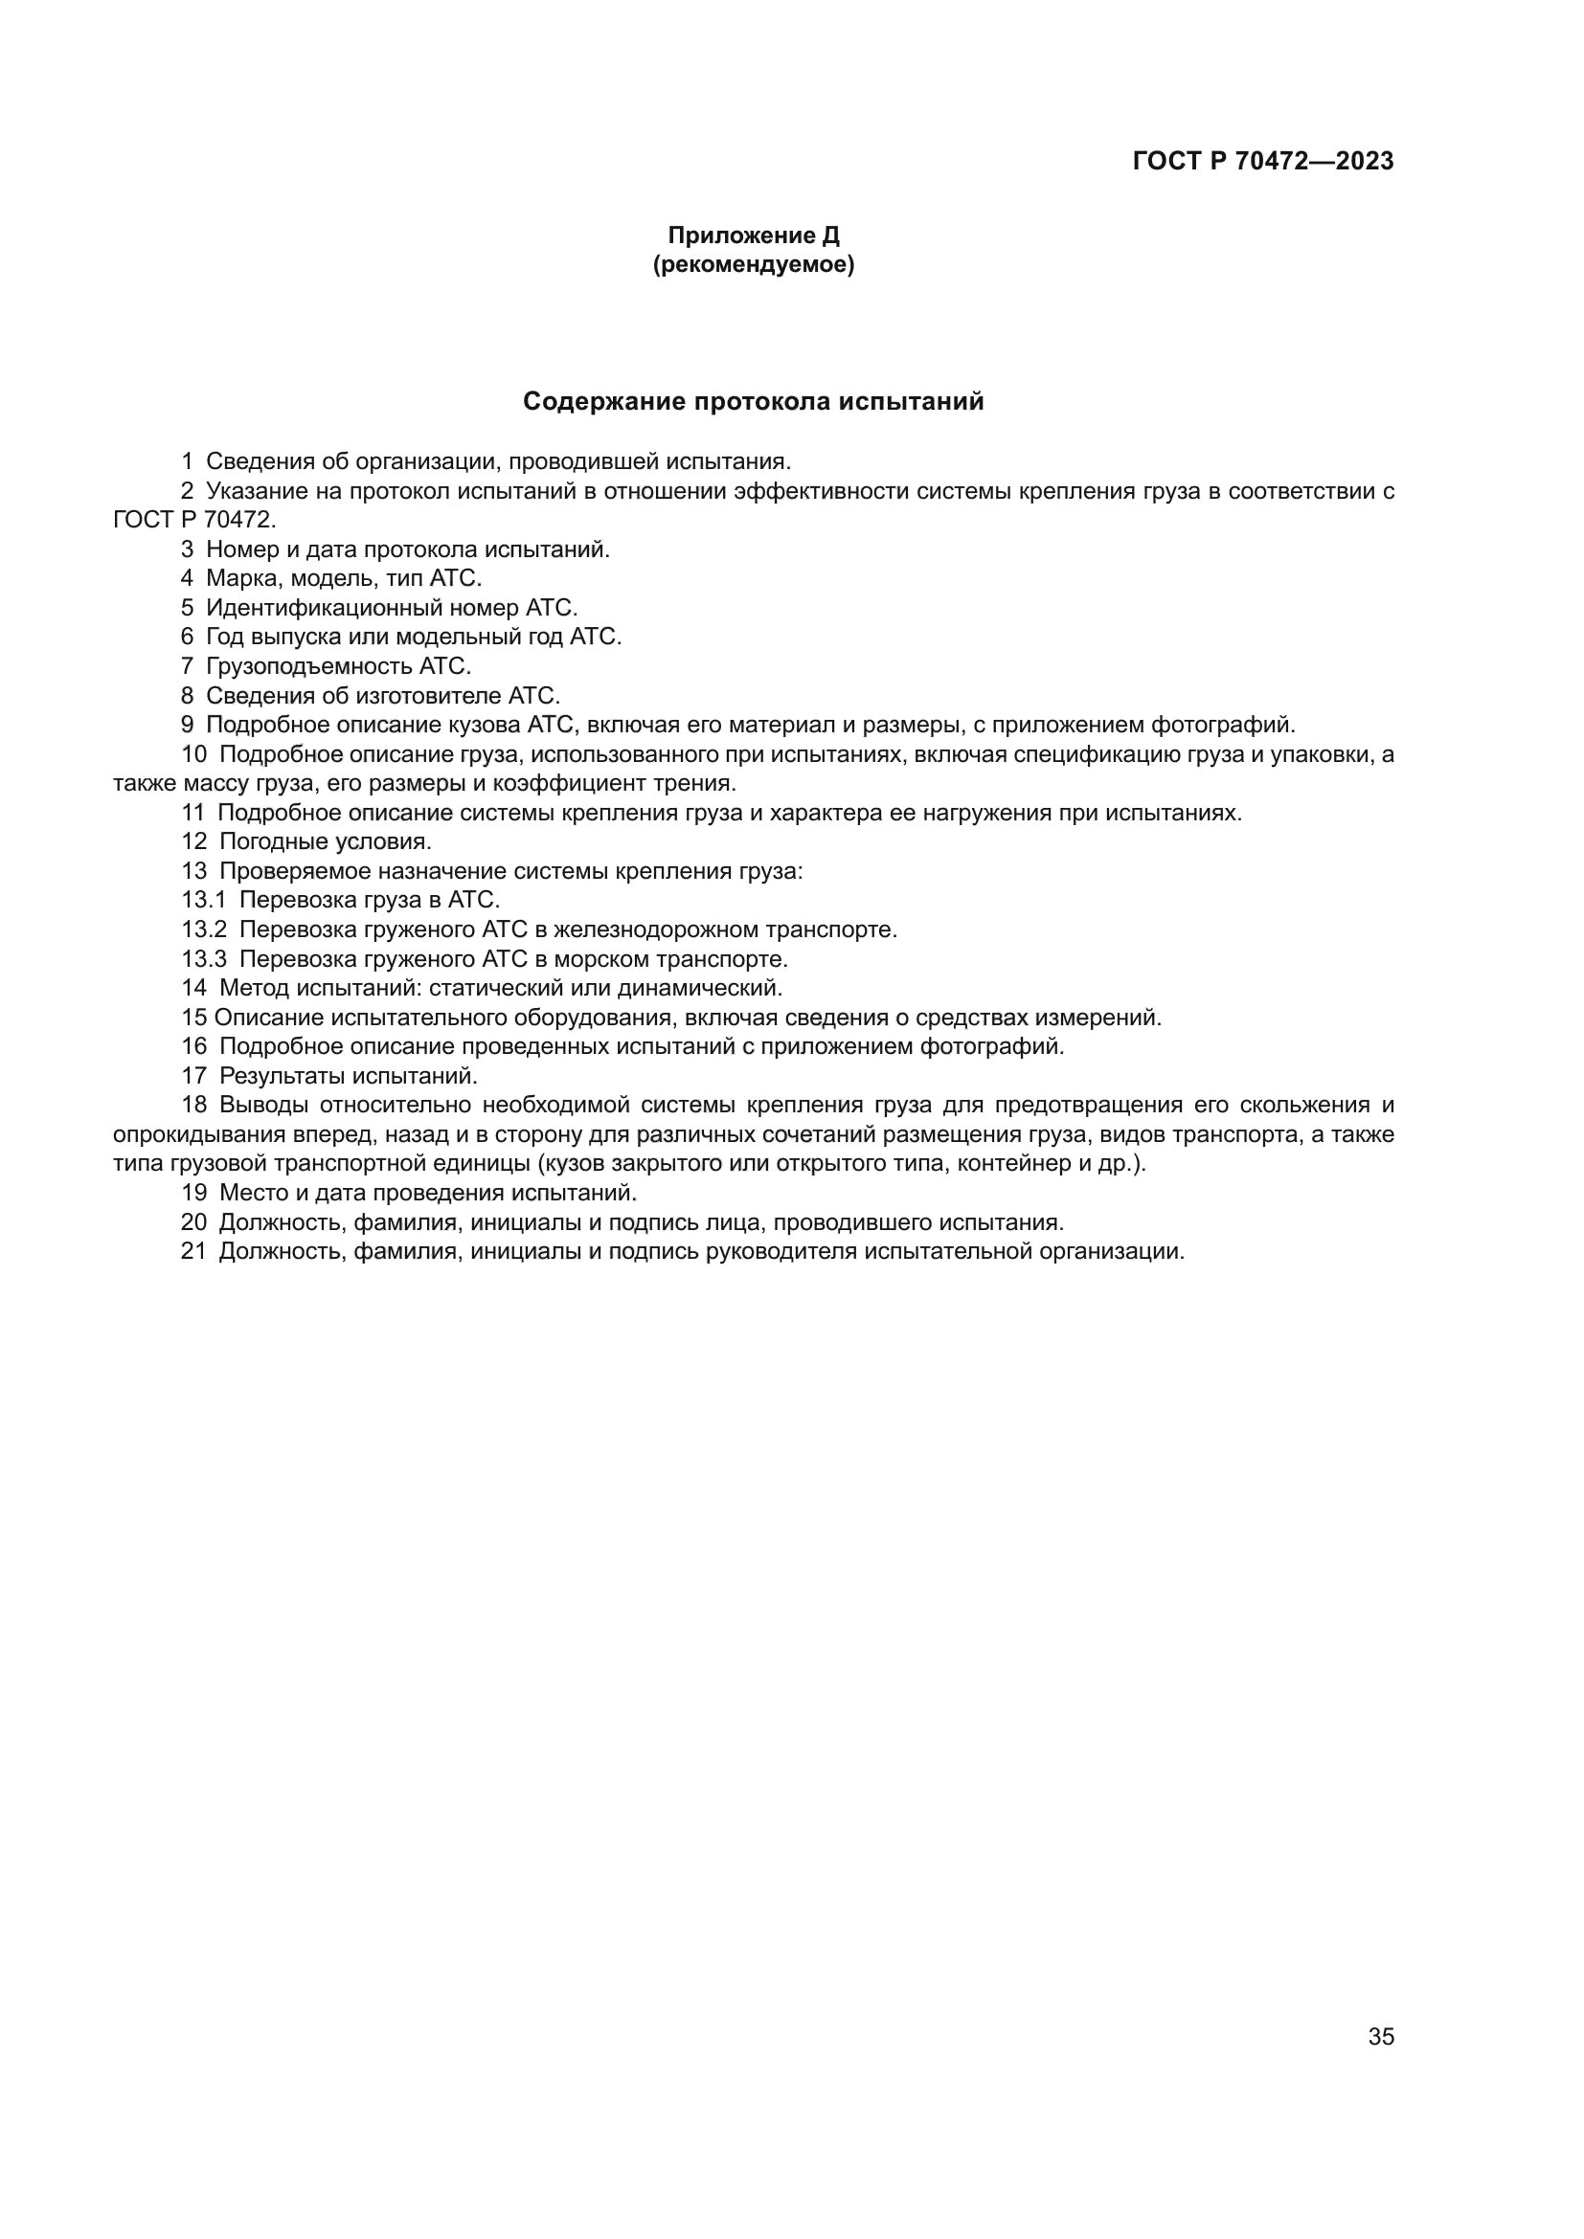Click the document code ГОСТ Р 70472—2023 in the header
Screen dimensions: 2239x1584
(1263, 161)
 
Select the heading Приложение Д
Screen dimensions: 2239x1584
(753, 235)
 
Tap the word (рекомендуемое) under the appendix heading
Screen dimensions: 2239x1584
(753, 264)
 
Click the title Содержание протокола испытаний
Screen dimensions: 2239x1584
(753, 401)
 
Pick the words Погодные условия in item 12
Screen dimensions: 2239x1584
(325, 841)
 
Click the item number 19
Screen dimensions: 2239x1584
(194, 1193)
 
